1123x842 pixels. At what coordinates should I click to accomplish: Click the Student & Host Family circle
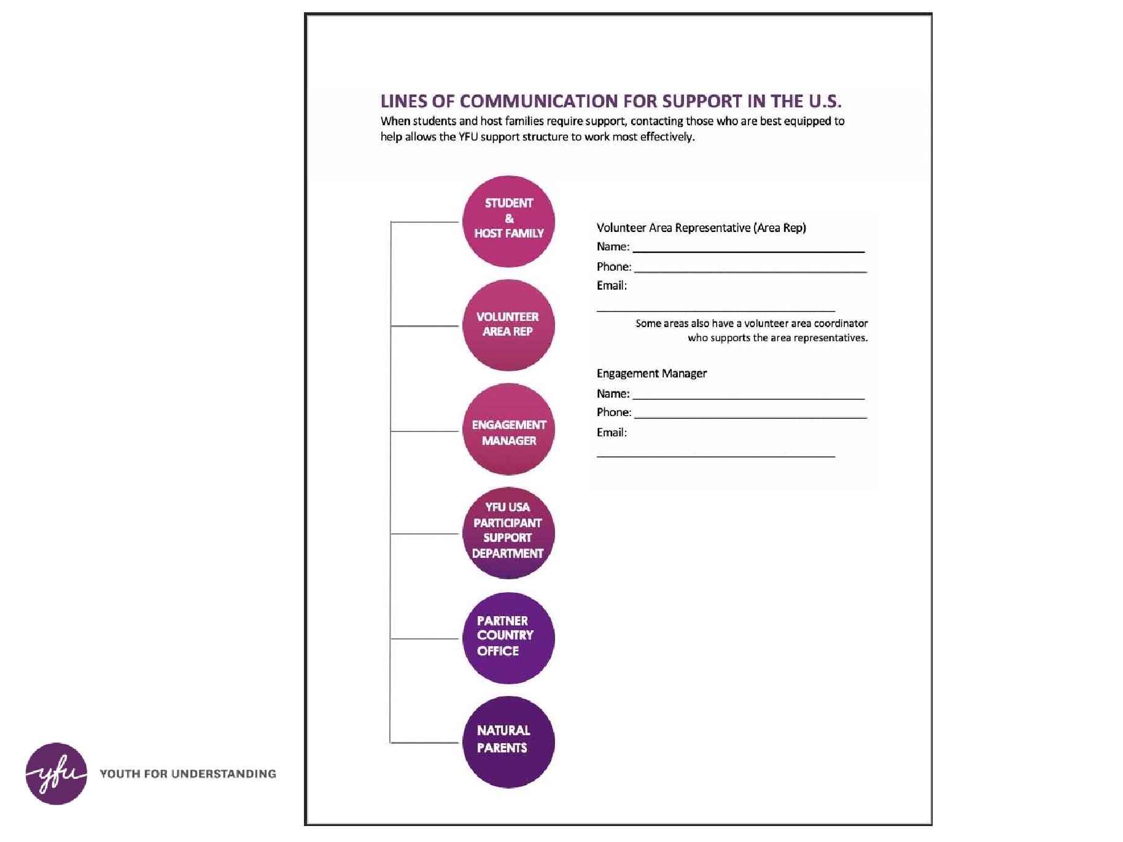click(508, 222)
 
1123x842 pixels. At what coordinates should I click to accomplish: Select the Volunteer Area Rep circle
click(508, 325)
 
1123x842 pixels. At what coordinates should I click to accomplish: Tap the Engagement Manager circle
click(508, 430)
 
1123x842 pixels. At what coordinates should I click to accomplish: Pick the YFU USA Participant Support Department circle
click(508, 533)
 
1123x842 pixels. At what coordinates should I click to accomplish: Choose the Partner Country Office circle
click(508, 638)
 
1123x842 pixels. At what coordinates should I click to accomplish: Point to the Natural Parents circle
click(508, 742)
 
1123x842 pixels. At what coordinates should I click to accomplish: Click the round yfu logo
click(56, 773)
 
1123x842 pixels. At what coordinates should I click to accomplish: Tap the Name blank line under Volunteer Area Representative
click(748, 249)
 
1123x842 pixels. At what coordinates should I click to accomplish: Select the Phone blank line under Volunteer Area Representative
click(750, 269)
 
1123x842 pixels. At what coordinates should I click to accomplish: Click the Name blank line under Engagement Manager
click(748, 396)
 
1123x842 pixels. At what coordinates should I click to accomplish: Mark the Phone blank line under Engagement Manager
click(750, 415)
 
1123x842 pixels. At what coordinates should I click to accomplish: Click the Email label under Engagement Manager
click(612, 432)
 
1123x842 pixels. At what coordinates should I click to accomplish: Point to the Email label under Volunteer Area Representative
click(612, 285)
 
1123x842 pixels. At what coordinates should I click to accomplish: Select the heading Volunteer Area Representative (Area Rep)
click(701, 228)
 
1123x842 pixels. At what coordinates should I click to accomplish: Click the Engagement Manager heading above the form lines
click(651, 373)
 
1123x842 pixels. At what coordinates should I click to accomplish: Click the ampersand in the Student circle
click(509, 218)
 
